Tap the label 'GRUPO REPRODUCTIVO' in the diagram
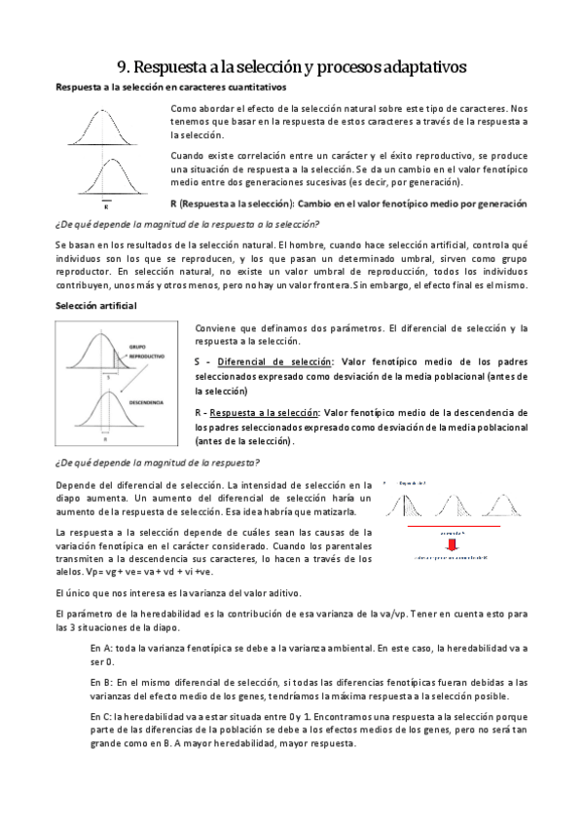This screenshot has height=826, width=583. [144, 350]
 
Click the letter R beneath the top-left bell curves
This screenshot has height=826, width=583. [106, 206]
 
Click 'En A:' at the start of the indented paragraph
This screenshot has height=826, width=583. [101, 648]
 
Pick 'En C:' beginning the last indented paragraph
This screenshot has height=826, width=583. [101, 716]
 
